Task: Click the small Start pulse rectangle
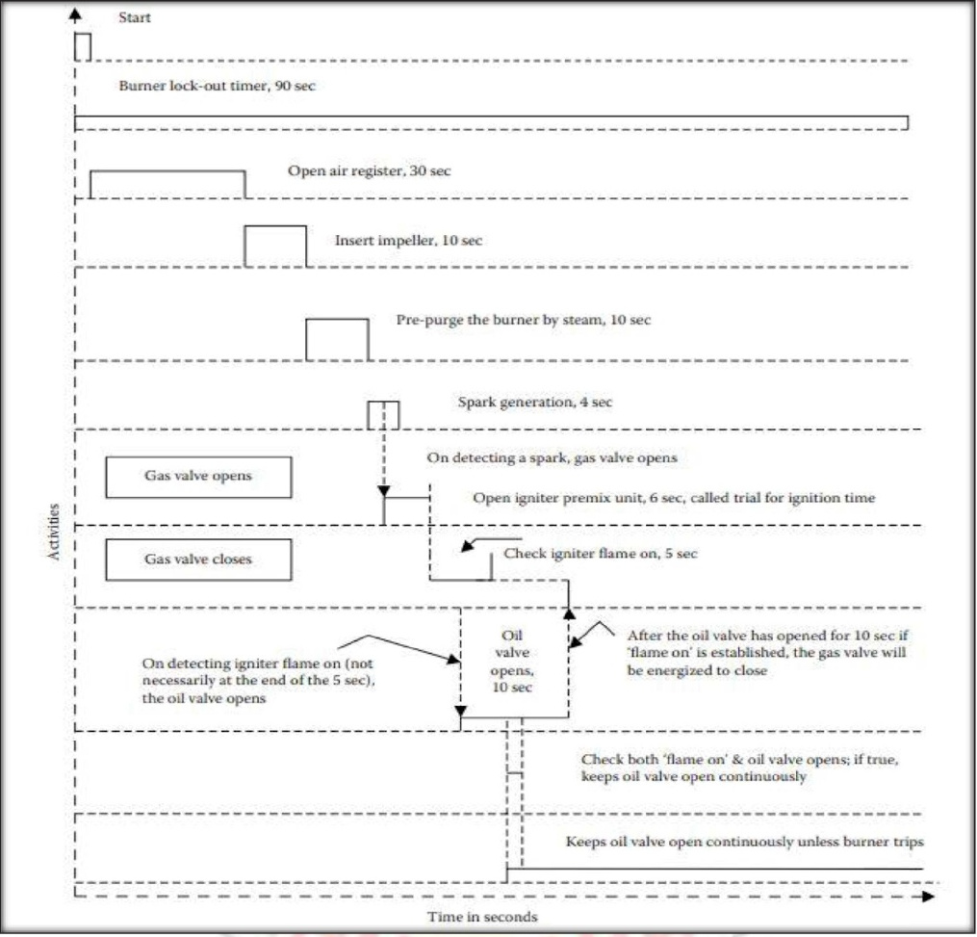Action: (83, 46)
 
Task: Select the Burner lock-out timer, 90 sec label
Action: (216, 86)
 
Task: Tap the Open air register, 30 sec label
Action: (370, 171)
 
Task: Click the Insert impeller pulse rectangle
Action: (275, 246)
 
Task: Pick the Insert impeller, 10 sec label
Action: (409, 240)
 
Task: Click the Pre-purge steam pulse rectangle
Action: (337, 339)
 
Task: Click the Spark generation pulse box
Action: (383, 414)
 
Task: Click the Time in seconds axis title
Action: (482, 917)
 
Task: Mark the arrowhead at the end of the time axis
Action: (927, 896)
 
